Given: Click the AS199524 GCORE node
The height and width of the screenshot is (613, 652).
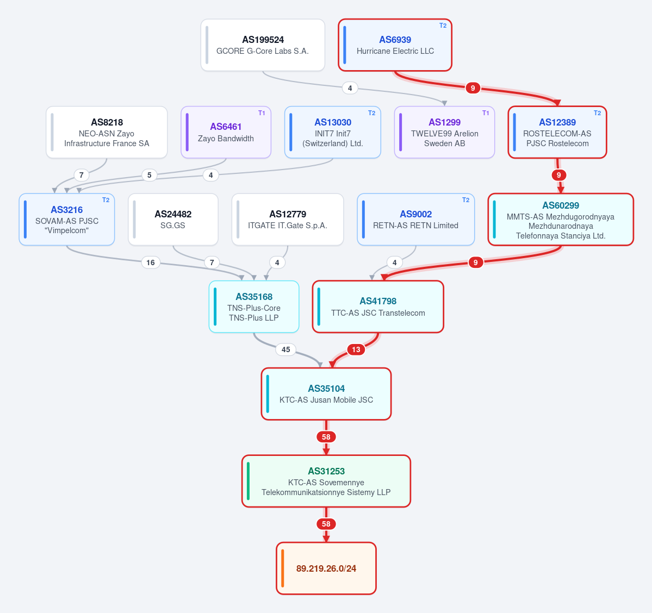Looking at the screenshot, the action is [x=263, y=45].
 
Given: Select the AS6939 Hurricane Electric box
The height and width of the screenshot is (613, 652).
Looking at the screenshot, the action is [x=395, y=45].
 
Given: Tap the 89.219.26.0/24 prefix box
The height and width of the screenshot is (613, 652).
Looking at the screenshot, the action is [x=326, y=568].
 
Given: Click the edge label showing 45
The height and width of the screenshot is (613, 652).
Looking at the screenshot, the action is [x=285, y=349].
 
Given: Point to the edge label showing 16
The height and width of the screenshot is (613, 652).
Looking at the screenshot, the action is [x=151, y=262].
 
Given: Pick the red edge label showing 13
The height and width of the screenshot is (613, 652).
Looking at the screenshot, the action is [x=356, y=349].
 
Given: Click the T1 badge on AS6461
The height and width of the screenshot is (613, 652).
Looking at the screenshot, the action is [x=262, y=113].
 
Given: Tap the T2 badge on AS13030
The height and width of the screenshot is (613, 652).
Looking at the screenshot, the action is [x=372, y=113].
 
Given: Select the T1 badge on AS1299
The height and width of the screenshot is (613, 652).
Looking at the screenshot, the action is [x=486, y=113].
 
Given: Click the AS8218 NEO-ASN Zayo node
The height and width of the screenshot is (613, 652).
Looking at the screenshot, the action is [x=107, y=132].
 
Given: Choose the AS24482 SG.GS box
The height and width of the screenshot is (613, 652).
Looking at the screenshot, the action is [x=173, y=220].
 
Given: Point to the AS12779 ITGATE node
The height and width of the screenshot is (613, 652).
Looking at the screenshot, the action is [x=288, y=220].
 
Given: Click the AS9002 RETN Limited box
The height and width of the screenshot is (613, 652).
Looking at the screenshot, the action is [x=416, y=220].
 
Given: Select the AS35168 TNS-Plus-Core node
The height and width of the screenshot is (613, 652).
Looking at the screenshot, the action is [x=254, y=306].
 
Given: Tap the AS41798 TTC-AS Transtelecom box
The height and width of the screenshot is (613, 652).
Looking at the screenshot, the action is [x=378, y=306].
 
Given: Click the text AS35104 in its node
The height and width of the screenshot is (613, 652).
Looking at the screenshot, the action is [x=326, y=389].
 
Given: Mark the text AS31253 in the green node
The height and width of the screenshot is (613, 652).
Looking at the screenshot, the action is [x=326, y=471].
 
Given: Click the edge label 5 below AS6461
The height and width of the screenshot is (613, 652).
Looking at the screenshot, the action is [x=150, y=175].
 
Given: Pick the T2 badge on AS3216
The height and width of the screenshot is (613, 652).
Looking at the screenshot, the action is [x=106, y=200].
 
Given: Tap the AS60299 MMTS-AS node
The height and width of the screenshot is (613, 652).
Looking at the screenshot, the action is [x=561, y=220].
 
